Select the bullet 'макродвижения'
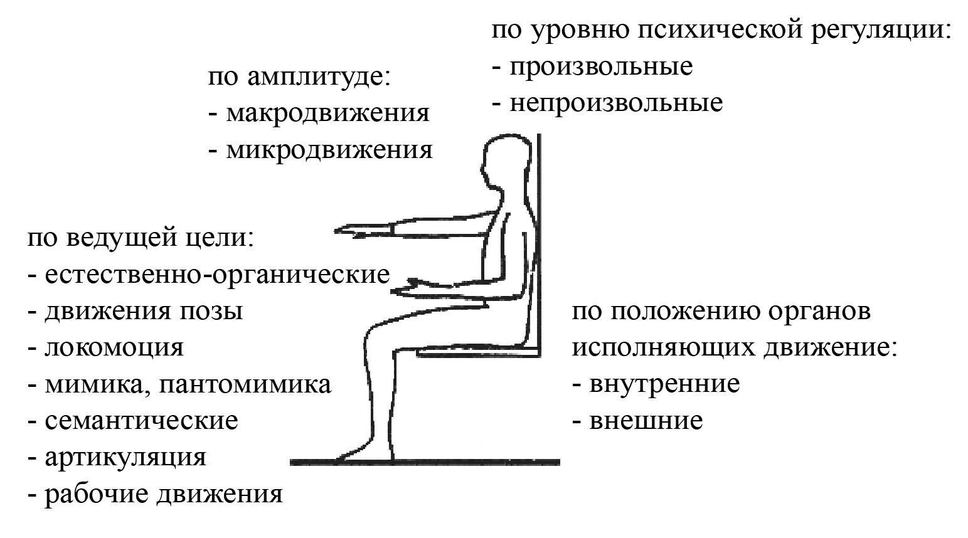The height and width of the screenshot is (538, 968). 327,113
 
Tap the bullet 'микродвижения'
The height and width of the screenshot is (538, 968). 329,150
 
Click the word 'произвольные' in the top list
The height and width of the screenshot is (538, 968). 600,66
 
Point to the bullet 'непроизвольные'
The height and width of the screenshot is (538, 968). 615,103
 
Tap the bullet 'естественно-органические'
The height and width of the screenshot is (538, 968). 216,275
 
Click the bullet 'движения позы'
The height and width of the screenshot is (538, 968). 144,311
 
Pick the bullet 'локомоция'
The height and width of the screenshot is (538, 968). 114,347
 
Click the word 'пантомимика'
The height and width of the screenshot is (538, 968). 245,384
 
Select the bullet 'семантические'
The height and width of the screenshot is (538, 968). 141,420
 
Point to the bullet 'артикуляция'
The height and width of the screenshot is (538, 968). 125,456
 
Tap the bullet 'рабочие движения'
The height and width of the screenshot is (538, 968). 163,494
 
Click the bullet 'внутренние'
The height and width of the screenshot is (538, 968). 664,383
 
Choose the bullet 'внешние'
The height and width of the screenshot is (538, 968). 646,420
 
